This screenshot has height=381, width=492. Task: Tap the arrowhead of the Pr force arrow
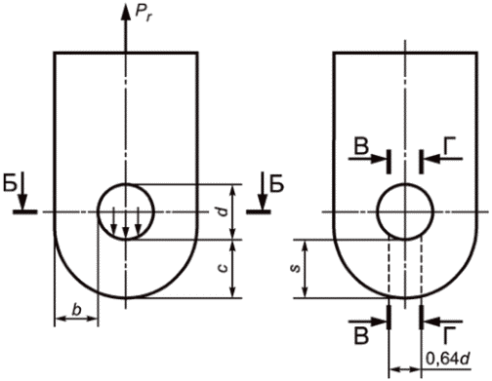click(126, 13)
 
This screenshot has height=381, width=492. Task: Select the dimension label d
click(223, 212)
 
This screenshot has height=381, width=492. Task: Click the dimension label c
click(224, 268)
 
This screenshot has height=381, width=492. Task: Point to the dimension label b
click(76, 309)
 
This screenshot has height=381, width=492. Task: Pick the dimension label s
click(296, 269)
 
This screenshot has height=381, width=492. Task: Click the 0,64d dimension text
click(448, 360)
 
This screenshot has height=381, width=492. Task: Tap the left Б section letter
click(10, 184)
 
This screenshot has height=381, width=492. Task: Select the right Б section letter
click(277, 184)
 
